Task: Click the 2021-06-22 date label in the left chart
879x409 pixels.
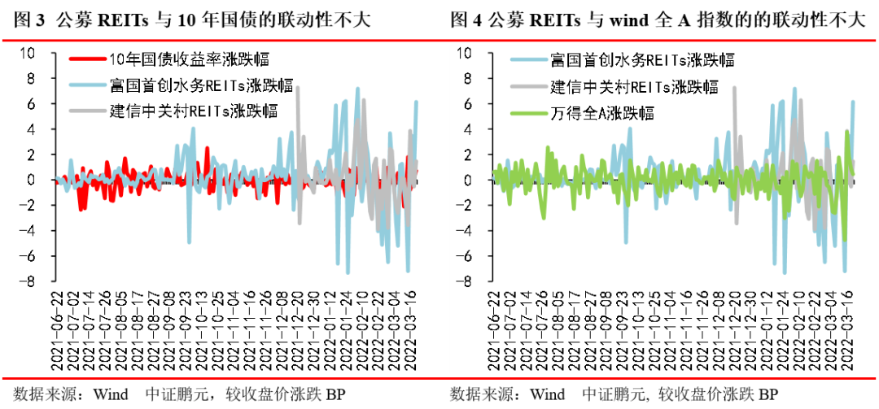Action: pyautogui.click(x=58, y=333)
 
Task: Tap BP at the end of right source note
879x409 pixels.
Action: pyautogui.click(x=768, y=394)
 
